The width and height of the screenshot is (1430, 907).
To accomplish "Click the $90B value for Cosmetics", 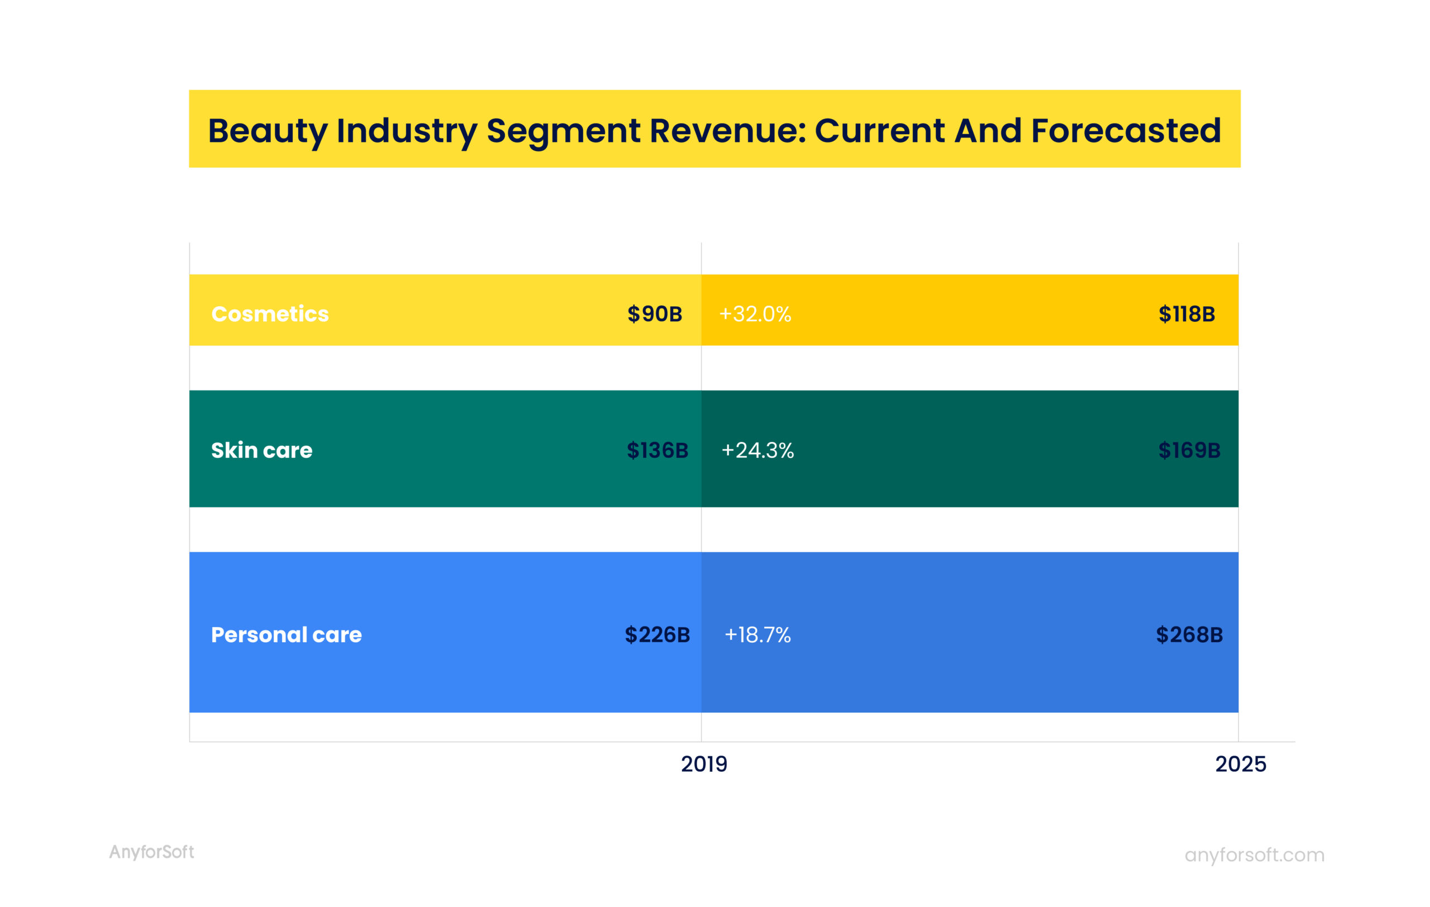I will coord(655,314).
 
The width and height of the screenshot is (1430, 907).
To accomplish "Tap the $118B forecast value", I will coord(1186,314).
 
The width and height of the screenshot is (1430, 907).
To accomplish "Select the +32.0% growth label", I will coord(755,314).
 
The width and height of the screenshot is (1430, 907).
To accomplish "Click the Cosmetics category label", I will coord(270,314).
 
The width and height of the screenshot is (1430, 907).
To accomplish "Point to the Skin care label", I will coord(261,450).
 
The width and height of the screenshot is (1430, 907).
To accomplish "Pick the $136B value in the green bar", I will coord(657,450).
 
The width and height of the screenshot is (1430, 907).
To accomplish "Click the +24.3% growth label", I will coord(757,450).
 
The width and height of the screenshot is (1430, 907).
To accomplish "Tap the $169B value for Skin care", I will coord(1188,450).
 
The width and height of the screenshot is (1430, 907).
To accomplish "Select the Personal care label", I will coord(286,635).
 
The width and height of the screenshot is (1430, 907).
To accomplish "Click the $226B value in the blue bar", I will coord(657,635).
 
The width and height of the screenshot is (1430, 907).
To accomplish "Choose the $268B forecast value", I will coord(1188,635).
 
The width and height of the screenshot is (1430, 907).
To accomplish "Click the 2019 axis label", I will coord(704,764).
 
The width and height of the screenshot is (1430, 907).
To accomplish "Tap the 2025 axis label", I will coord(1240,764).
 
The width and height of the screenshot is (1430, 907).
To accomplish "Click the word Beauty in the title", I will coord(267,131).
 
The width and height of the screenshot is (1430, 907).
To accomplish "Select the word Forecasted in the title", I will coord(1126,131).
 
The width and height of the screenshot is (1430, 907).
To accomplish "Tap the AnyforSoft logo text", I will coord(151,852).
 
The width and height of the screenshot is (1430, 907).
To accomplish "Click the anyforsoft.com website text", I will coord(1254,854).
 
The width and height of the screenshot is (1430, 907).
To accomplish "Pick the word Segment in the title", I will coord(563,131).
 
